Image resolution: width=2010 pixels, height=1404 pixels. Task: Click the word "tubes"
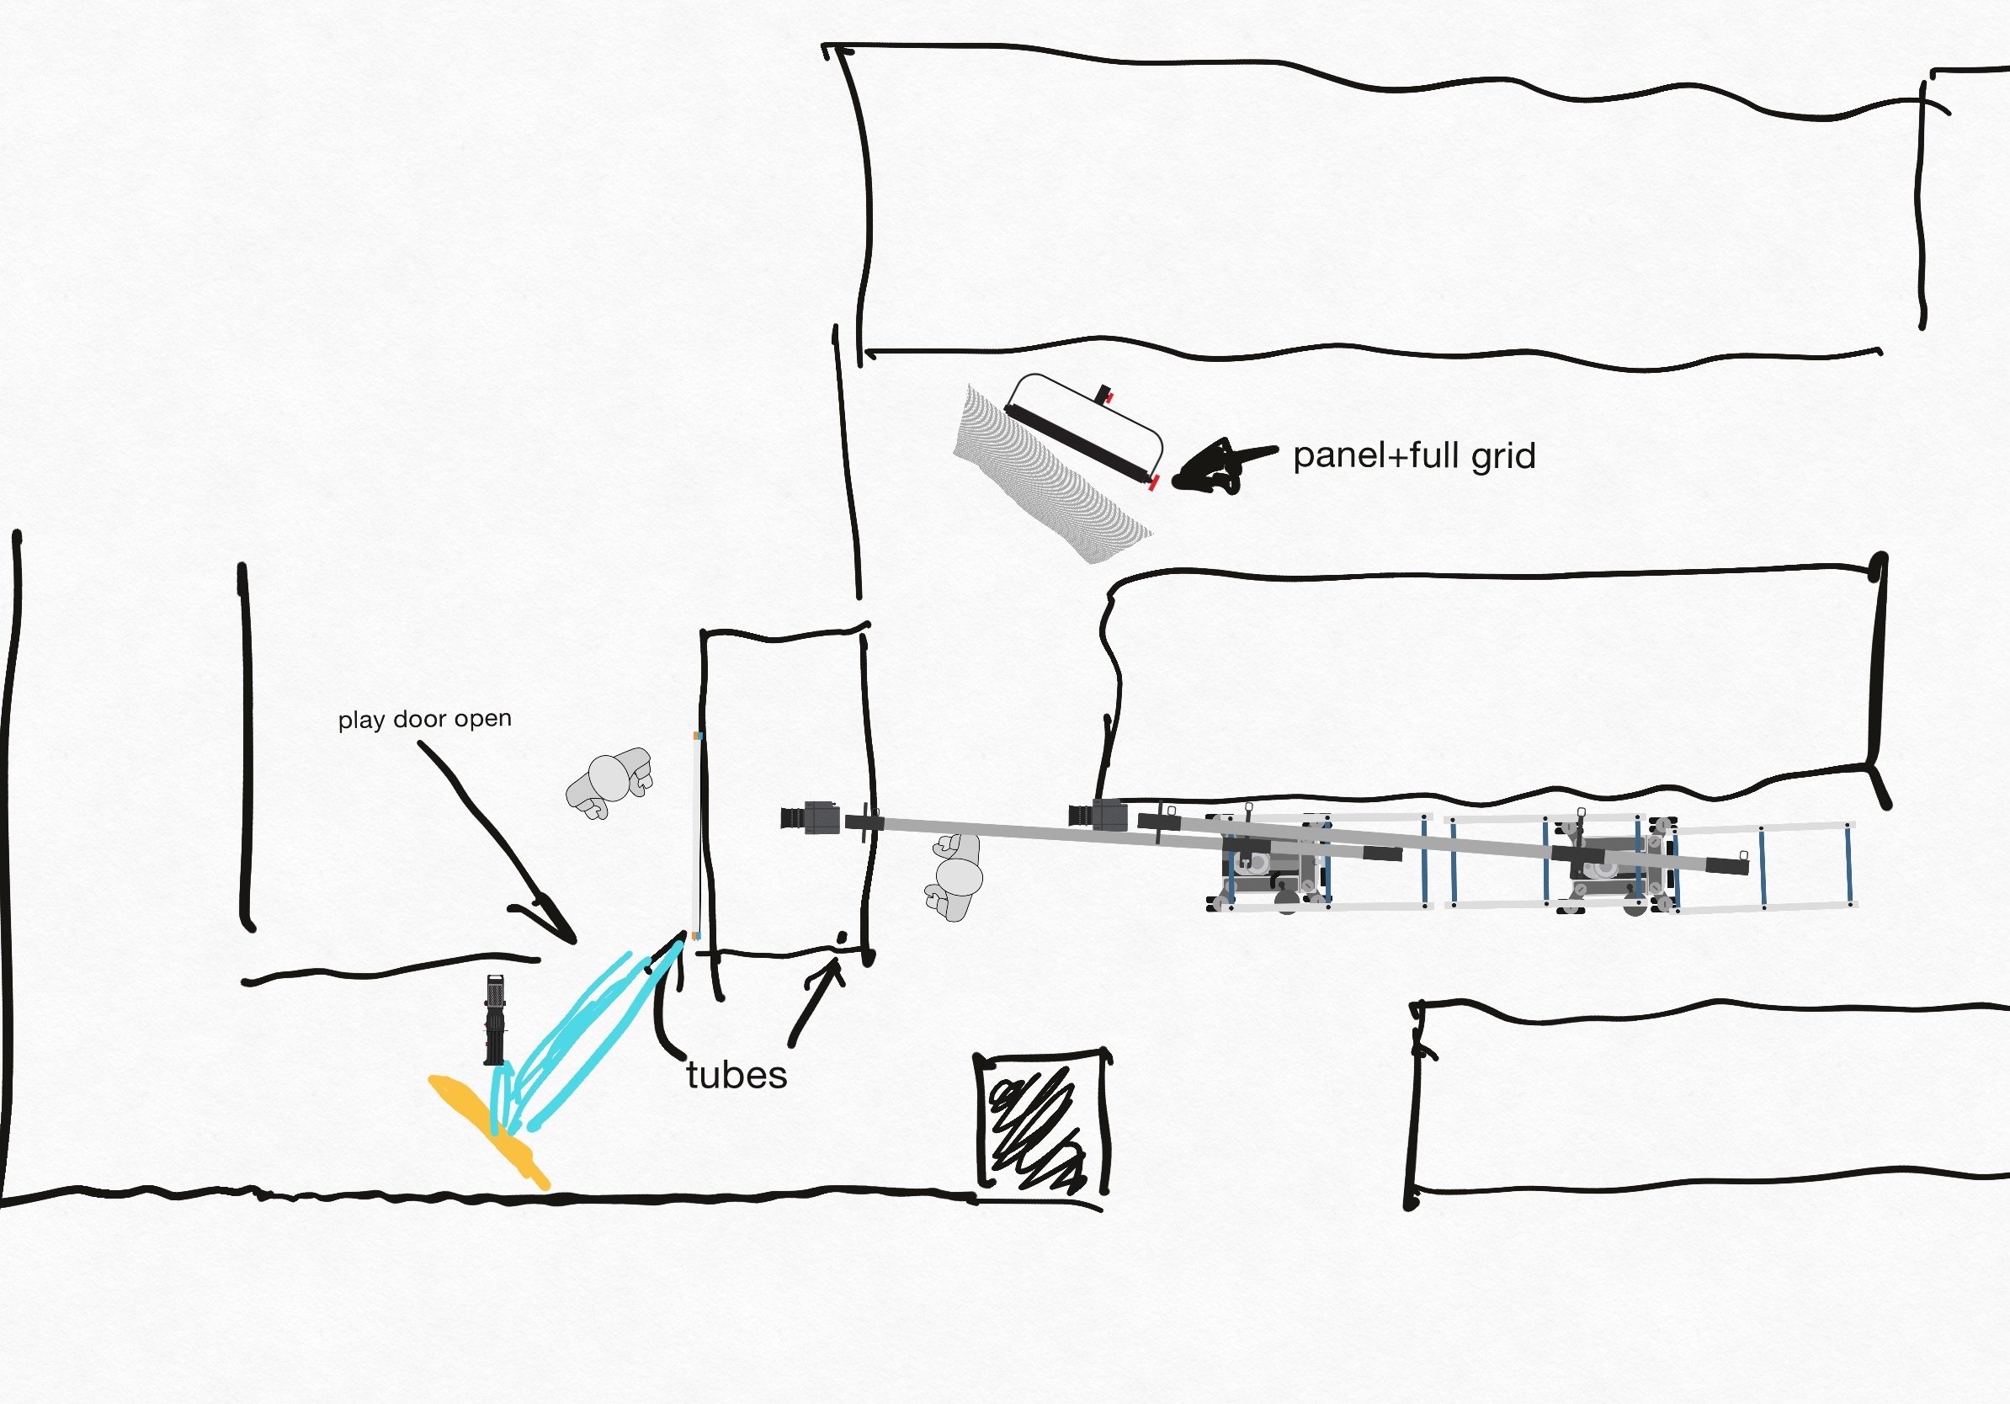(736, 1075)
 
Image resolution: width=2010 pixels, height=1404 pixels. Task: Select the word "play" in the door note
(362, 721)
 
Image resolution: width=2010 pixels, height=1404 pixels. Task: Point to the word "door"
(419, 720)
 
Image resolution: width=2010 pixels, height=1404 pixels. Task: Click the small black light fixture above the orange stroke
(495, 1018)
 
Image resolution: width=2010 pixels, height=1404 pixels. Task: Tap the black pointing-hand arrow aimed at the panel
(1217, 467)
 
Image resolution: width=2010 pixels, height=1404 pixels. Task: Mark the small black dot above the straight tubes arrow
(843, 937)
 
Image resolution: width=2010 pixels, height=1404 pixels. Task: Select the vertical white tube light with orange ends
(698, 835)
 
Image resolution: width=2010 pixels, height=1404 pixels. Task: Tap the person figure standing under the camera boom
(956, 876)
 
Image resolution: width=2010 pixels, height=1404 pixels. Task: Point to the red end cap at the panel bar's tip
(1154, 481)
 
